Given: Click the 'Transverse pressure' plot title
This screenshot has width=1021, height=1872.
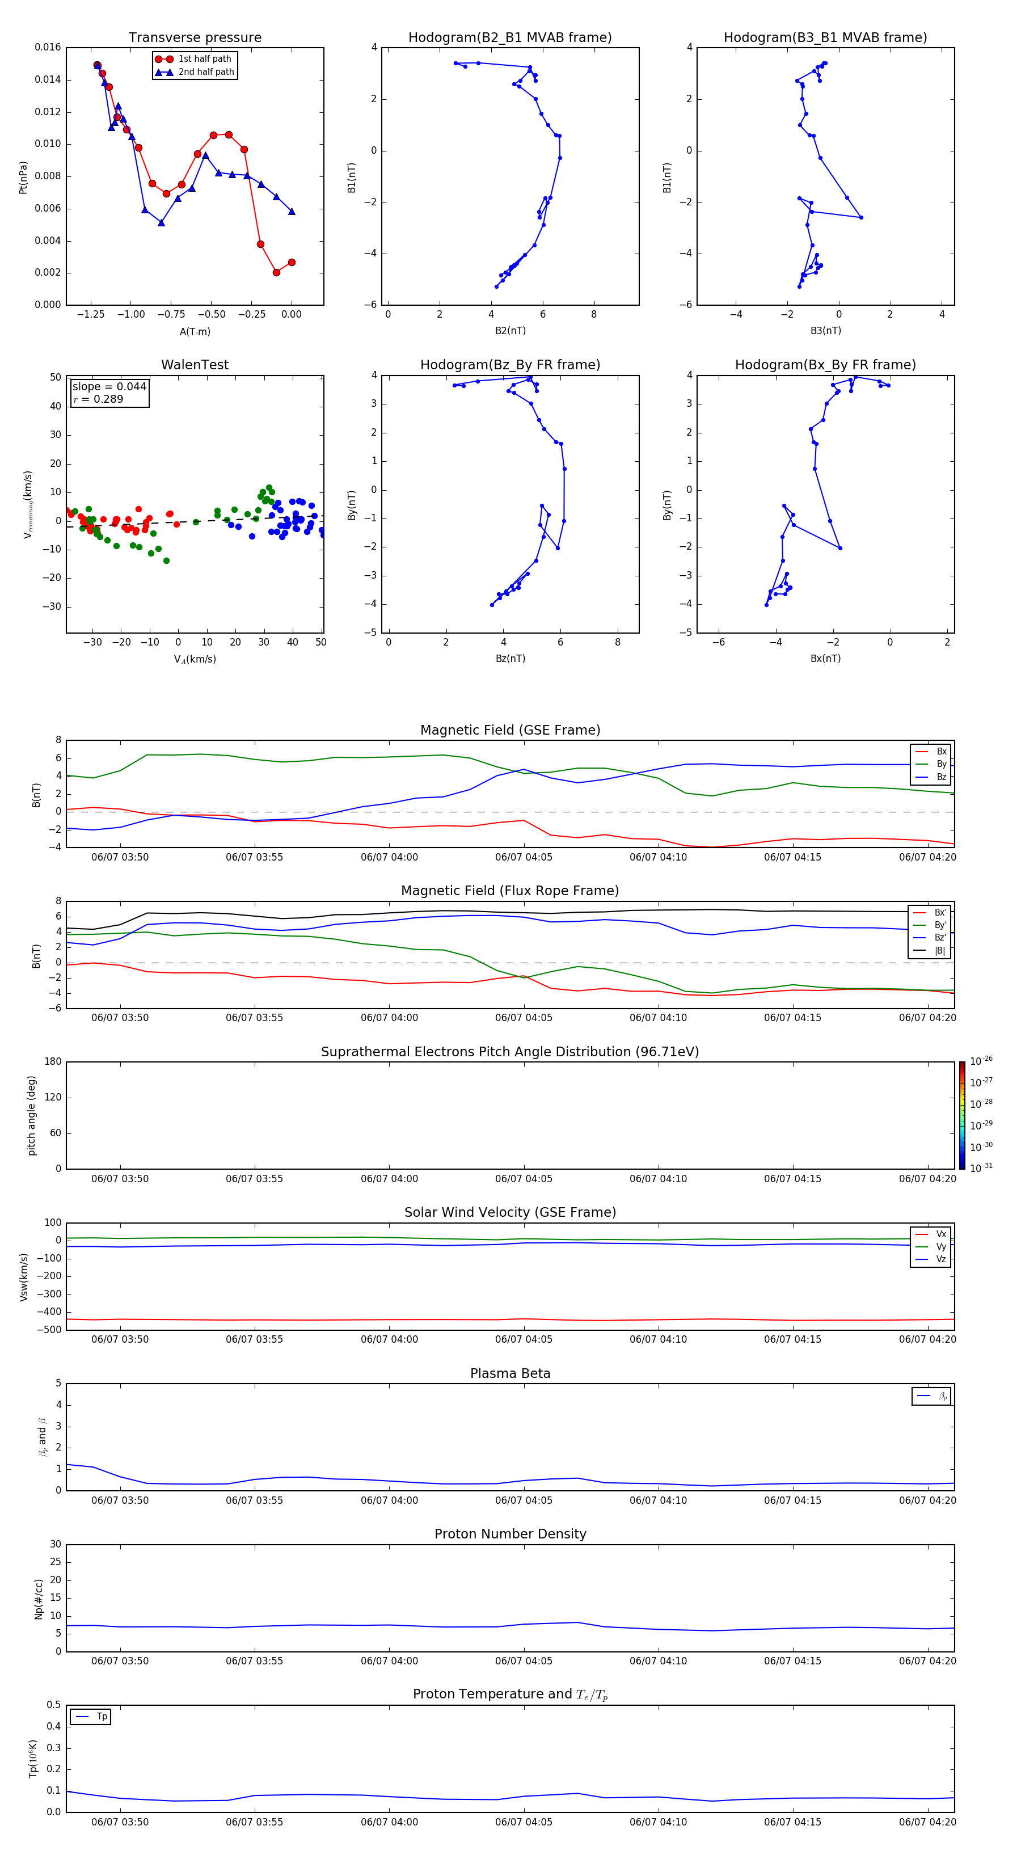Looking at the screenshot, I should [195, 38].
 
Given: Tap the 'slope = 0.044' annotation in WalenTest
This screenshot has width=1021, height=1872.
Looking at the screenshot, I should [109, 387].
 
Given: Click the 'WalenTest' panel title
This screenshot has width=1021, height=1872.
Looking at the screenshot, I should [195, 365].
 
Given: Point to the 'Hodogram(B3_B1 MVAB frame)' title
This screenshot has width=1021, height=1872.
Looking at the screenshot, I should [825, 38].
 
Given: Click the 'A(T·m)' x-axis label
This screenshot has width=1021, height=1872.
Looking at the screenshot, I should [195, 331].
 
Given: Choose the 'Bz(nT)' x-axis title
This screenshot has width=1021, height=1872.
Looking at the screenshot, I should [510, 659].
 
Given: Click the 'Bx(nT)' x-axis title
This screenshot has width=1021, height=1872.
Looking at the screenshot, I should [825, 659].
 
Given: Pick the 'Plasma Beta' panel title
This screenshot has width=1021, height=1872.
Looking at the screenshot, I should [510, 1373].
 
